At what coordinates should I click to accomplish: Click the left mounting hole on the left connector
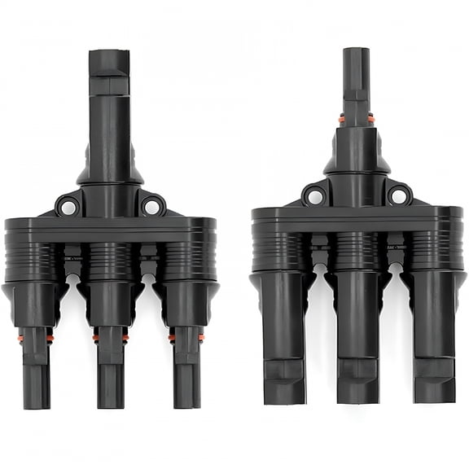coord(68,207)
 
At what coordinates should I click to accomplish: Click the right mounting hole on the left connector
coord(151,207)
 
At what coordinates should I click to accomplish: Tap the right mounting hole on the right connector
coord(398,195)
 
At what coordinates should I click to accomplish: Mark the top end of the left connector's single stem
coord(109,53)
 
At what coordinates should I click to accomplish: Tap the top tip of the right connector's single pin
coord(355,50)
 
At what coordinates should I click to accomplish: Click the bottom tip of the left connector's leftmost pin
coord(36,405)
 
